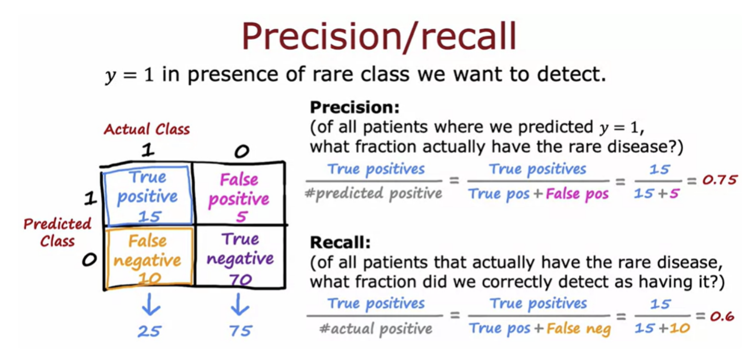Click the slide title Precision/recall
[379, 36]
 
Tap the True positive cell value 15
[150, 217]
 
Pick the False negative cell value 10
[150, 278]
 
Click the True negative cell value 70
[240, 279]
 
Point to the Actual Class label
[146, 129]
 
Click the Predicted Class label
[57, 232]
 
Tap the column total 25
[150, 331]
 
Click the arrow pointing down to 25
[151, 304]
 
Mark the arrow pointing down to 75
[240, 304]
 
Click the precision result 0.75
[720, 180]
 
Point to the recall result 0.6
[722, 316]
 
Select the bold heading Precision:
[355, 107]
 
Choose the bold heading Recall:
[340, 242]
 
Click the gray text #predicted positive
[374, 193]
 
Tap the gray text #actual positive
[376, 329]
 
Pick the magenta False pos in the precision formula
[577, 194]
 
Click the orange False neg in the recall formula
[579, 329]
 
